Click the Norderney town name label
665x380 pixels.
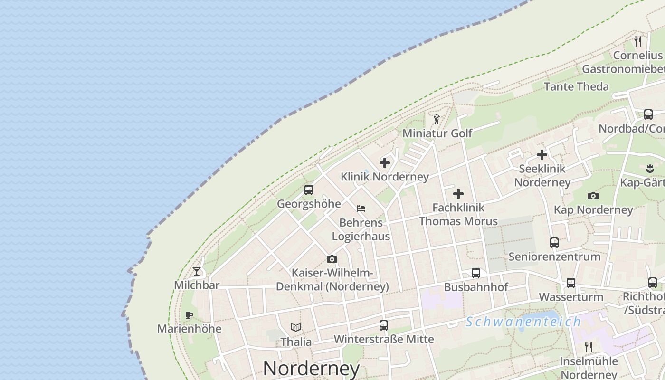click(311, 369)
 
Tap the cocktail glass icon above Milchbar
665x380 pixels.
click(197, 271)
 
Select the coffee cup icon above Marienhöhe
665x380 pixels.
click(189, 315)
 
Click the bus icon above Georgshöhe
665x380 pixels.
click(309, 190)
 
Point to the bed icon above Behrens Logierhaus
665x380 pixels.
click(361, 208)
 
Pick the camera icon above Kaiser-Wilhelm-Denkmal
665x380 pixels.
click(332, 259)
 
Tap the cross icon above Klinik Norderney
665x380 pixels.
click(385, 163)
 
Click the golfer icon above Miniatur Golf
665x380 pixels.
click(437, 119)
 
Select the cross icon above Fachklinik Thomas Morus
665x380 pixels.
click(458, 194)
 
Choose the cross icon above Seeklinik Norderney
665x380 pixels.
click(542, 155)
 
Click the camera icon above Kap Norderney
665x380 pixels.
click(593, 196)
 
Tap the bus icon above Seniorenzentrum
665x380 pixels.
click(554, 243)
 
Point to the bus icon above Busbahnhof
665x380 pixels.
click(476, 273)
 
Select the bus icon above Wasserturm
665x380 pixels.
click(571, 283)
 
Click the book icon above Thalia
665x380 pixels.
click(296, 327)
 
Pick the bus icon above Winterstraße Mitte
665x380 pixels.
click(384, 325)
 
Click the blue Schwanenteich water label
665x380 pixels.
click(523, 322)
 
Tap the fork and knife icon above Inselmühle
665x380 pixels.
click(589, 347)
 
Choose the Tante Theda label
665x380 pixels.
click(576, 86)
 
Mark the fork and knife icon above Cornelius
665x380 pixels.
click(638, 41)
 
